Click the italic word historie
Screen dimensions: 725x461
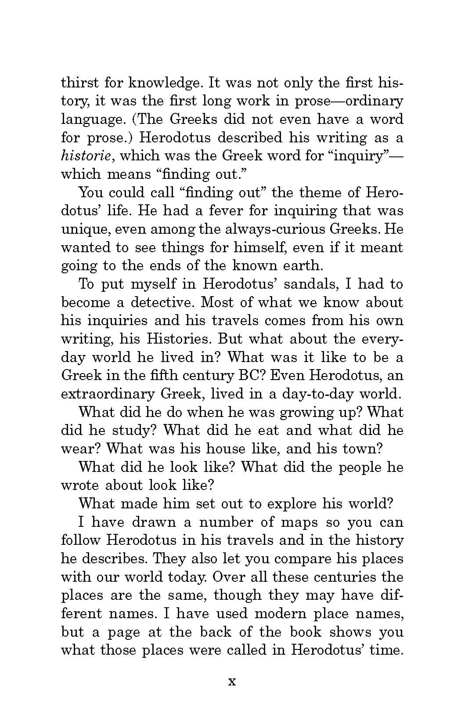pos(88,156)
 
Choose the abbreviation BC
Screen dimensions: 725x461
pos(249,376)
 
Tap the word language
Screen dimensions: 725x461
pos(90,120)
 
